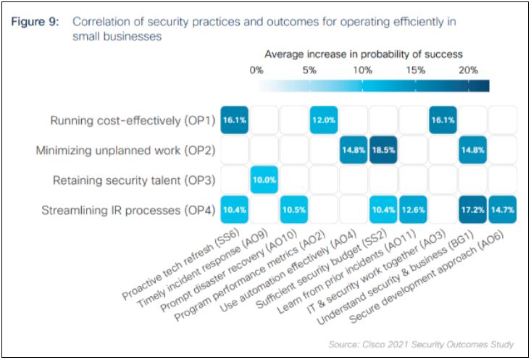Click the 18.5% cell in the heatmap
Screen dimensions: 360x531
(384, 150)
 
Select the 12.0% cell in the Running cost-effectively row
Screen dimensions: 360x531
(324, 120)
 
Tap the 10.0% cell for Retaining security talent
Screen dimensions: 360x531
(264, 180)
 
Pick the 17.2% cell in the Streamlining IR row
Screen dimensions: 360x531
(473, 209)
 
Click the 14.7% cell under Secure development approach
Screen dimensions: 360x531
(503, 209)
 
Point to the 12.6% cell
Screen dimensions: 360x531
(414, 209)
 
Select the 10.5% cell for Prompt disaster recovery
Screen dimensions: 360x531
(294, 209)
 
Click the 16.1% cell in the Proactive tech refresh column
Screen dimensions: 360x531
(235, 120)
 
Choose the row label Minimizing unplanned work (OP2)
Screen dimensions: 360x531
(126, 151)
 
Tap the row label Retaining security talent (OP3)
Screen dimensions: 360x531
(134, 180)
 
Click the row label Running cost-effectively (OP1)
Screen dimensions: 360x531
(133, 121)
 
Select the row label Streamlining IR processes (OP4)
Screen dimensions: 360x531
(127, 210)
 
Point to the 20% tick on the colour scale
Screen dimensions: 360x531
(468, 70)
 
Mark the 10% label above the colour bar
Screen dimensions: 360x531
(362, 70)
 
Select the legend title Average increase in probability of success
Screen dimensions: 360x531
(363, 54)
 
